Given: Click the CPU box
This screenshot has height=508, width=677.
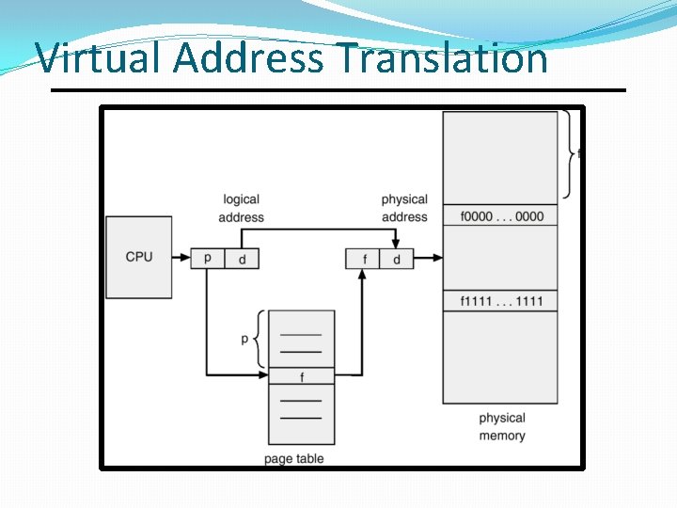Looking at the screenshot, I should coord(139,257).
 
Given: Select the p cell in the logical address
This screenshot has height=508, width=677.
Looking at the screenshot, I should coord(208,259).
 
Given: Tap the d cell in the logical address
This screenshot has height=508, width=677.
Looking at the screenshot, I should coord(242,259).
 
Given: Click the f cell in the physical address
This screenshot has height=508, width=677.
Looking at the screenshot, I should coord(362,259).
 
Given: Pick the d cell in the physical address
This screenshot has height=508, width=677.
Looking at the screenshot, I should coord(396,259).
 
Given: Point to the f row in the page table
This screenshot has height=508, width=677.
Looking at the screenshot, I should coord(301,376).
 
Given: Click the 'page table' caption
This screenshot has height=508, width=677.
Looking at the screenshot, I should coord(294,459).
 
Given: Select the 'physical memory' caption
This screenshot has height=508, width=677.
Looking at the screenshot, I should coord(502,427).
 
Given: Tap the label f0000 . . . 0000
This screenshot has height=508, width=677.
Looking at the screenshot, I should coord(501,216).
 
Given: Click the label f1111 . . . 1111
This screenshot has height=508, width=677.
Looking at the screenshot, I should coord(501,301).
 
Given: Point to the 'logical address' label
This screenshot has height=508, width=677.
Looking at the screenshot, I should coord(241,208).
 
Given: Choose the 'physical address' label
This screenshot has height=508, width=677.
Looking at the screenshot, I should coord(404,208).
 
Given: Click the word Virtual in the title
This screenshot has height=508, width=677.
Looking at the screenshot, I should coord(101,58).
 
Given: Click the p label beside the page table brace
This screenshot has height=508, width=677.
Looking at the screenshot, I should coord(244,339).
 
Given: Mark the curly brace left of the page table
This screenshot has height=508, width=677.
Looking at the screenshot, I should coord(258,339).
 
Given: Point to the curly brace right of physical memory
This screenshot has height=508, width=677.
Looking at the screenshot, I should coord(569,153).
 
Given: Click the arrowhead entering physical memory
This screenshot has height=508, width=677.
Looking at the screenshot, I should coord(436,259).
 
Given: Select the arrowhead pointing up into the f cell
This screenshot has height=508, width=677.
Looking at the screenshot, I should coord(362,274).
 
